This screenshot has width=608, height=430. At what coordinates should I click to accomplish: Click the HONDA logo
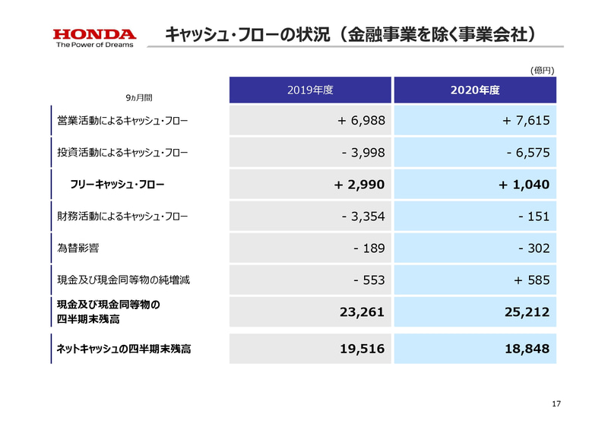point(94,34)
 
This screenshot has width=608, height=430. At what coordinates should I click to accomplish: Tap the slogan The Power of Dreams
point(94,45)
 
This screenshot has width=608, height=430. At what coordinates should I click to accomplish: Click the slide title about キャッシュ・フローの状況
point(355,34)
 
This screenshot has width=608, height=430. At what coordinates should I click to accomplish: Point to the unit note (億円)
point(542,70)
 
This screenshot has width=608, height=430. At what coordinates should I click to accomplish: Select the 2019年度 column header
point(310,90)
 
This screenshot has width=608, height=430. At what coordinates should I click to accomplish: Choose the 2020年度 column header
point(474,90)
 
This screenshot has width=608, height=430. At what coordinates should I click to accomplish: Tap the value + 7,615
point(521,120)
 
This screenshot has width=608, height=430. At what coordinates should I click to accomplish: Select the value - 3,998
point(364,152)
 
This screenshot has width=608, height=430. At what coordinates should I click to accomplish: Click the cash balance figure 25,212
point(524,311)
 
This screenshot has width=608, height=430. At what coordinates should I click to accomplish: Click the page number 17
point(555,403)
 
